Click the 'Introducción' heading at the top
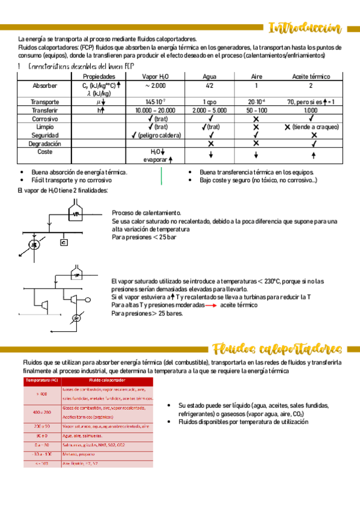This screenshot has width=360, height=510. click(305, 28)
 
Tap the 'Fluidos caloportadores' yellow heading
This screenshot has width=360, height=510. click(277, 349)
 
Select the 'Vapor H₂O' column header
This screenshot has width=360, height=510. click(155, 76)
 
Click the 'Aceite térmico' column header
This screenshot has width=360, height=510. click(311, 76)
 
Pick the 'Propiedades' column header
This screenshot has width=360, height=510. click(99, 76)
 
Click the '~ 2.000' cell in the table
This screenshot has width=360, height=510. click(155, 86)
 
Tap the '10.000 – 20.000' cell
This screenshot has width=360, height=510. click(155, 110)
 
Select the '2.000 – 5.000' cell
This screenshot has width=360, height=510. click(210, 110)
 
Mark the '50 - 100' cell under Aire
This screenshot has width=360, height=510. click(256, 110)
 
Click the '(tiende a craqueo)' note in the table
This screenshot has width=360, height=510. click(315, 127)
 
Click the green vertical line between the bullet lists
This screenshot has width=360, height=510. click(162, 176)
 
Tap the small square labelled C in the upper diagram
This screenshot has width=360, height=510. click(64, 242)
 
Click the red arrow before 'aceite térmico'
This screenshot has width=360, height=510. click(211, 306)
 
